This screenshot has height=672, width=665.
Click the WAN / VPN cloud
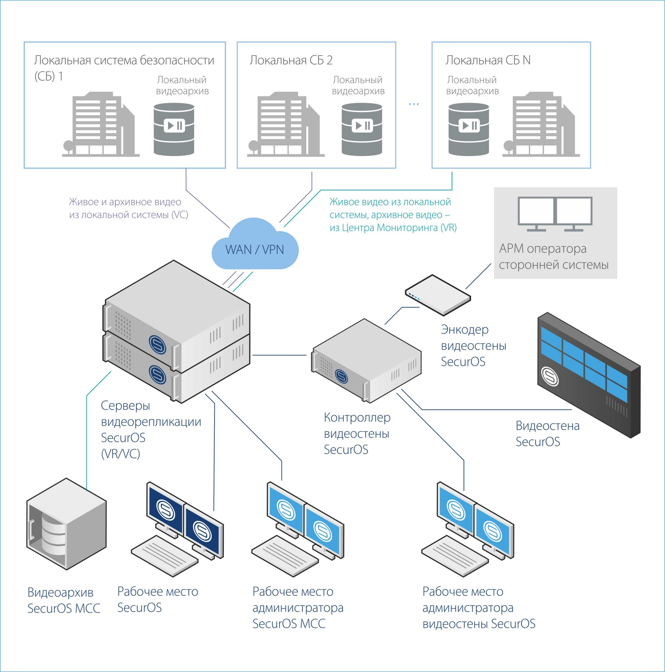pyautogui.click(x=255, y=245)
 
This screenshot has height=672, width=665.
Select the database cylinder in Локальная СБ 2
pyautogui.click(x=361, y=129)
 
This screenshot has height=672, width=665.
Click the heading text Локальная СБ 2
pyautogui.click(x=291, y=61)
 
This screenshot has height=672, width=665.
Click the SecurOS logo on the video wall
pyautogui.click(x=550, y=377)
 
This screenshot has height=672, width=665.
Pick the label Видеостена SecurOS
pyautogui.click(x=547, y=434)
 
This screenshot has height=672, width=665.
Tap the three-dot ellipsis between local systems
pyautogui.click(x=414, y=104)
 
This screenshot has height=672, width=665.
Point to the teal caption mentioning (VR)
pyautogui.click(x=393, y=215)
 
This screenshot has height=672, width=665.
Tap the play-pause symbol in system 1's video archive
pyautogui.click(x=174, y=125)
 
